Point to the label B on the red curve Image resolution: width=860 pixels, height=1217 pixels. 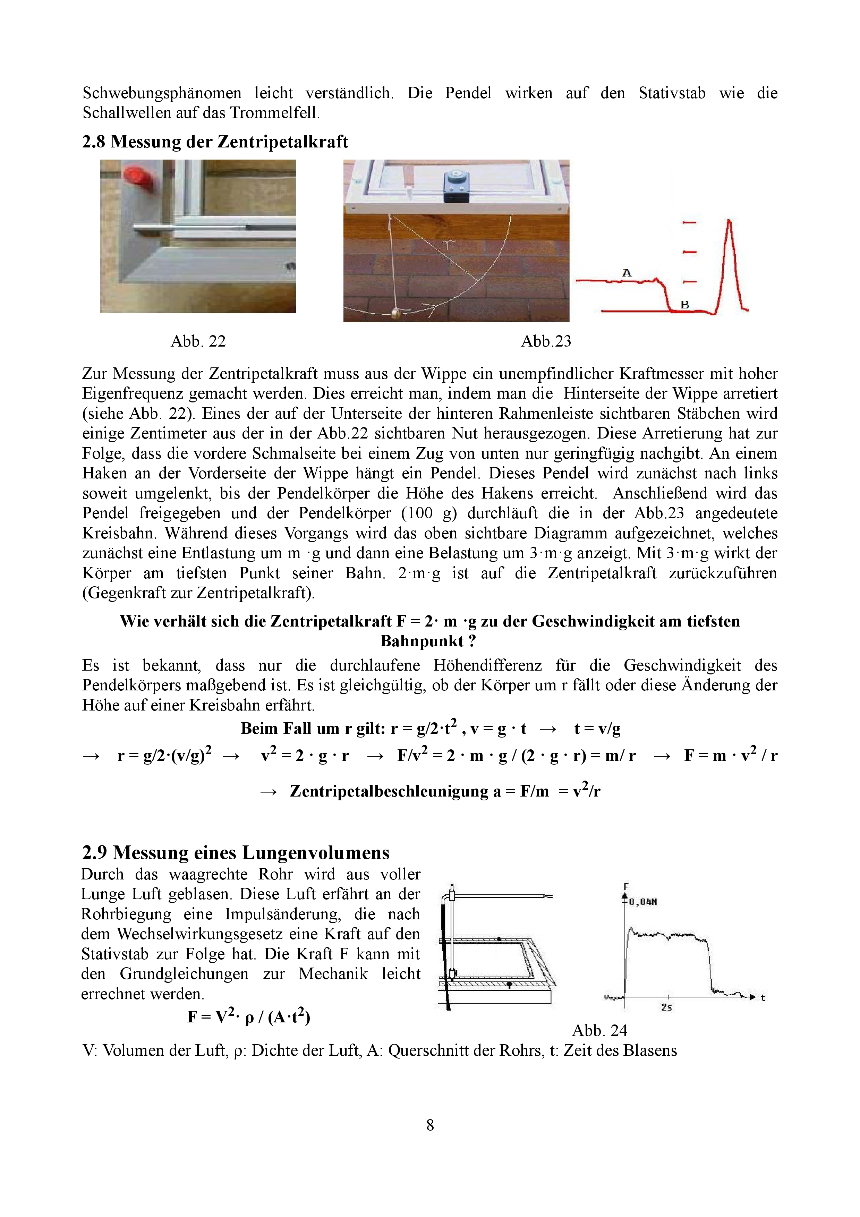coord(684,305)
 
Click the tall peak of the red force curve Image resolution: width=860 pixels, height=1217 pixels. coord(730,223)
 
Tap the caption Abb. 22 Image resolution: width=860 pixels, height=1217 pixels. coord(198,341)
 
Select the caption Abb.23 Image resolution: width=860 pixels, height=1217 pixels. coord(546,341)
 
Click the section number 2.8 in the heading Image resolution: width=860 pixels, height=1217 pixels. coord(93,142)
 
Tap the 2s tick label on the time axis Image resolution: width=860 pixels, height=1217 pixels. coord(666,1007)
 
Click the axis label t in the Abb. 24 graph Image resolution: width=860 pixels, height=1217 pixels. coord(763,997)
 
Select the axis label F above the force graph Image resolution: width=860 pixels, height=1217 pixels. coord(626,886)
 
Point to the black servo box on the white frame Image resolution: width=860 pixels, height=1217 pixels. coord(456,187)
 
